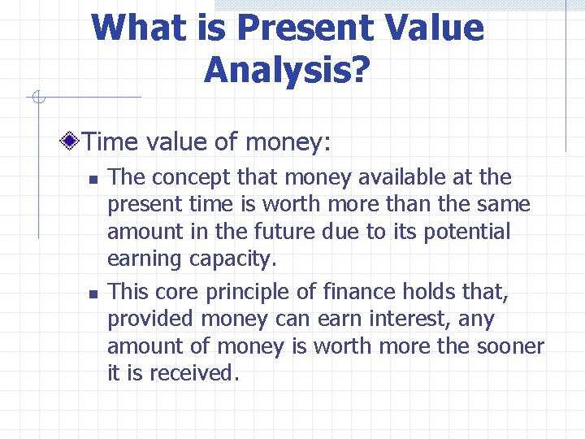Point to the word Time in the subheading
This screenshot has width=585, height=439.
(111, 142)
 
